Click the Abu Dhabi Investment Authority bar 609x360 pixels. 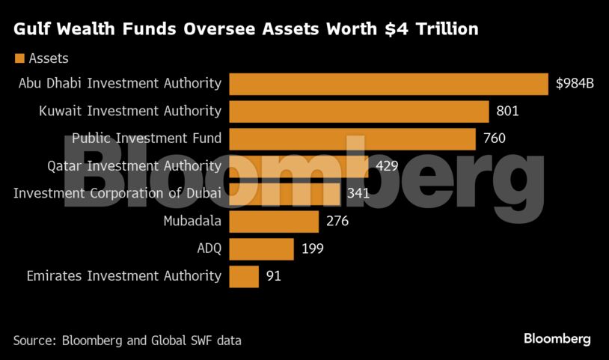tap(388, 84)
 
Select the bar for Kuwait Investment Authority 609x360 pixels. tap(358, 112)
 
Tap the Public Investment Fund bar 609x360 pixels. tap(352, 139)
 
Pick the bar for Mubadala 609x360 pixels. tap(274, 221)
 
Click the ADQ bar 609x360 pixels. tap(261, 248)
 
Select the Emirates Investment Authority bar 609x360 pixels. tap(244, 276)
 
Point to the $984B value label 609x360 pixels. tap(575, 84)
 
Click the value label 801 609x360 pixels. tap(507, 112)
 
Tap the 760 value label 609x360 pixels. tap(495, 139)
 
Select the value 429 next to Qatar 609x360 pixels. tap(387, 166)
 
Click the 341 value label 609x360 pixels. tap(358, 194)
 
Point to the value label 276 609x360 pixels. tap(337, 221)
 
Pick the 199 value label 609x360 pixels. tap(312, 248)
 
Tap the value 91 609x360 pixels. tap(273, 276)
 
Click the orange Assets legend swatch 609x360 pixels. tap(19, 58)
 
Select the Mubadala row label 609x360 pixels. tap(192, 221)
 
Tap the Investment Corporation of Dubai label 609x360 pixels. tap(117, 194)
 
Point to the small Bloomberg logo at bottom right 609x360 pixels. tap(557, 339)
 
